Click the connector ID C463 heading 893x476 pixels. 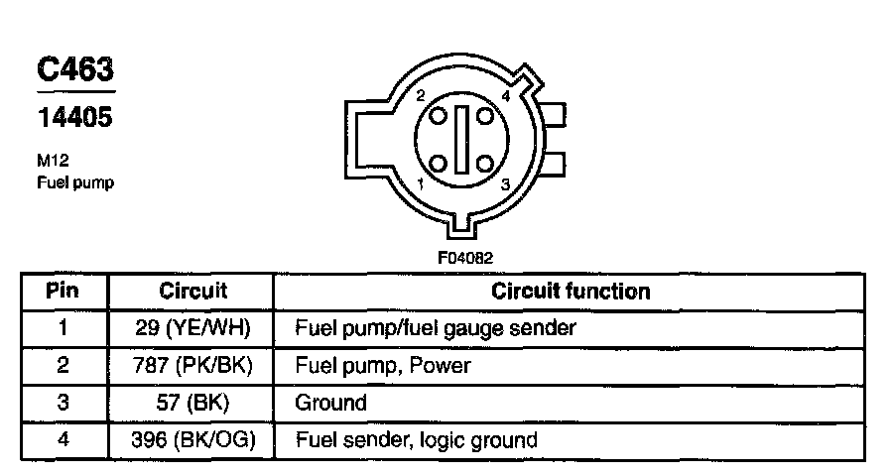pyautogui.click(x=74, y=70)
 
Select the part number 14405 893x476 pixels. pyautogui.click(x=74, y=118)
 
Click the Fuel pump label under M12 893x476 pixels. pyautogui.click(x=74, y=183)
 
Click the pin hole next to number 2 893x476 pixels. pyautogui.click(x=439, y=116)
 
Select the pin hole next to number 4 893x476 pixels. pyautogui.click(x=485, y=116)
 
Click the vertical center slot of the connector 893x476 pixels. pyautogui.click(x=462, y=140)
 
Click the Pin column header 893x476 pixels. pyautogui.click(x=63, y=292)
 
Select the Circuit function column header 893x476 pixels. pyautogui.click(x=571, y=292)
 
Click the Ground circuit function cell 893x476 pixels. pyautogui.click(x=331, y=403)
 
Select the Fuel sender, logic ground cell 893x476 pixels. pyautogui.click(x=417, y=439)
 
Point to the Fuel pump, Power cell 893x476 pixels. pyautogui.click(x=383, y=365)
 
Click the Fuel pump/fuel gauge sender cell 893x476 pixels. pyautogui.click(x=436, y=327)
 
